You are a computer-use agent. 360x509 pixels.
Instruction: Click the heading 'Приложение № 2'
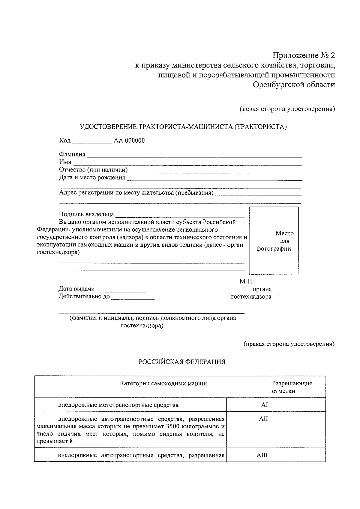click(303, 56)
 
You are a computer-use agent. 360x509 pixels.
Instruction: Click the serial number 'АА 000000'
click(129, 141)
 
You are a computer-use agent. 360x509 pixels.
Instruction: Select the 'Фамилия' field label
click(72, 154)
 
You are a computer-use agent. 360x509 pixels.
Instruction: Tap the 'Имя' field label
click(65, 162)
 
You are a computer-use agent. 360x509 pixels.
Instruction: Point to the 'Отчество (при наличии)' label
click(93, 170)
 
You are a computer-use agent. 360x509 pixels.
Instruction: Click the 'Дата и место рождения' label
click(92, 177)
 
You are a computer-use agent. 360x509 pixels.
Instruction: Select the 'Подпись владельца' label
click(86, 214)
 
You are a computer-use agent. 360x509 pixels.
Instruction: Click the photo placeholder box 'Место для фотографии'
click(274, 241)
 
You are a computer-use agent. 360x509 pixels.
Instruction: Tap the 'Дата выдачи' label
click(76, 289)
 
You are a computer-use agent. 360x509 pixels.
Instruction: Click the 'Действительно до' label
click(84, 297)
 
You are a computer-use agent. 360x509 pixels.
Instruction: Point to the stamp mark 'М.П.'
click(247, 282)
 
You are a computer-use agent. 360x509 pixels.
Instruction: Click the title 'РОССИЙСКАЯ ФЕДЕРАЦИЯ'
click(182, 362)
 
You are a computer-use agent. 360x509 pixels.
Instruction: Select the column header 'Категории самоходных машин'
click(163, 383)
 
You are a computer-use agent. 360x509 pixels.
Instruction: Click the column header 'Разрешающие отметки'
click(292, 387)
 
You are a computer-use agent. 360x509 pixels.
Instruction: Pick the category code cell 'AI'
click(264, 405)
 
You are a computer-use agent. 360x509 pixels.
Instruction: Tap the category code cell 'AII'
click(263, 419)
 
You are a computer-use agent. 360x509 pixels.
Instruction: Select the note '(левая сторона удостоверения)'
click(287, 109)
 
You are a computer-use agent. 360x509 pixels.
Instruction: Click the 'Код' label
click(65, 141)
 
